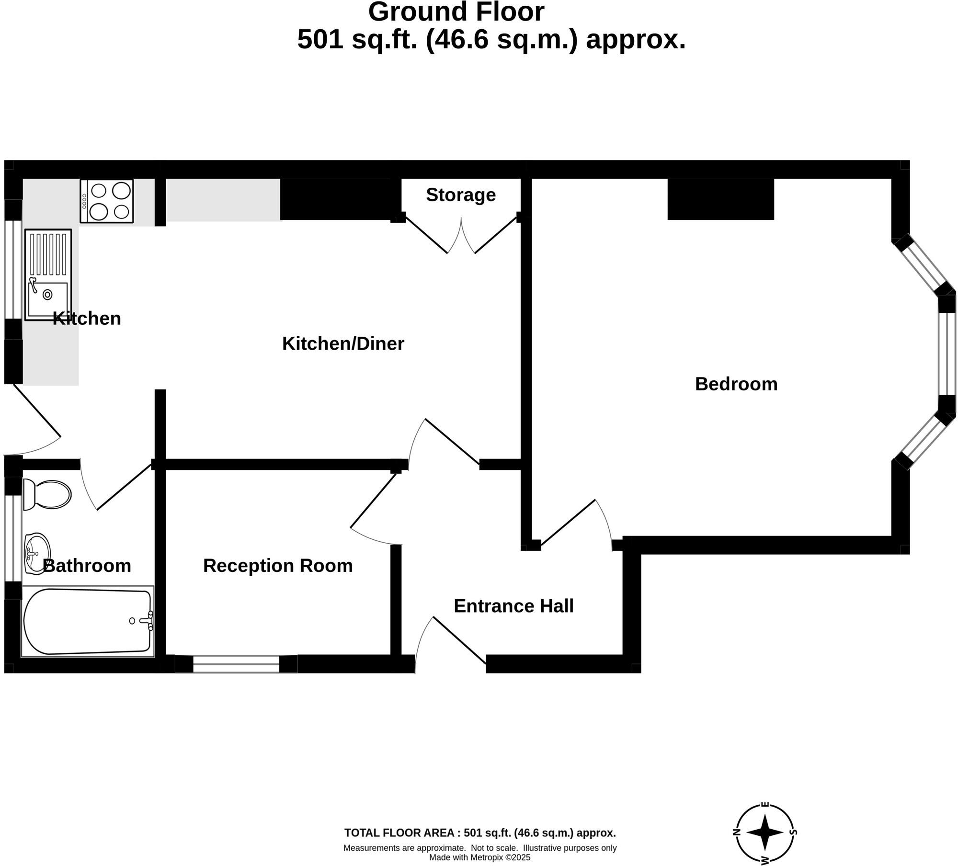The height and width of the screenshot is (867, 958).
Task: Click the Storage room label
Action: coord(460,195)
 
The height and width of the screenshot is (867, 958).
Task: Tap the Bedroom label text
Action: coord(736,384)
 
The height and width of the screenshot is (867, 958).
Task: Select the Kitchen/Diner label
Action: coord(343,344)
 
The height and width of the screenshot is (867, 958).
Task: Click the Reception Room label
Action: coord(278,566)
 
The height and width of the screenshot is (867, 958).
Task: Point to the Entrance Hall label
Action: coord(513,606)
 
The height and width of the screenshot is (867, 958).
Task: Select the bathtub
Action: coord(87,621)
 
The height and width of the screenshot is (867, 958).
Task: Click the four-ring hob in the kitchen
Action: coord(107,201)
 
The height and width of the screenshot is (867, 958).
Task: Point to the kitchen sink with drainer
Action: coord(48,274)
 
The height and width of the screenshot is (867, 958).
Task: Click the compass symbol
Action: coord(765,833)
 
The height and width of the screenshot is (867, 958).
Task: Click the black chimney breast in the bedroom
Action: coord(720,199)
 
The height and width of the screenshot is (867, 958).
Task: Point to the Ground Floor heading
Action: coord(456,12)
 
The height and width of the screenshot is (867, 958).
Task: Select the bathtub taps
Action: coord(148,621)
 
